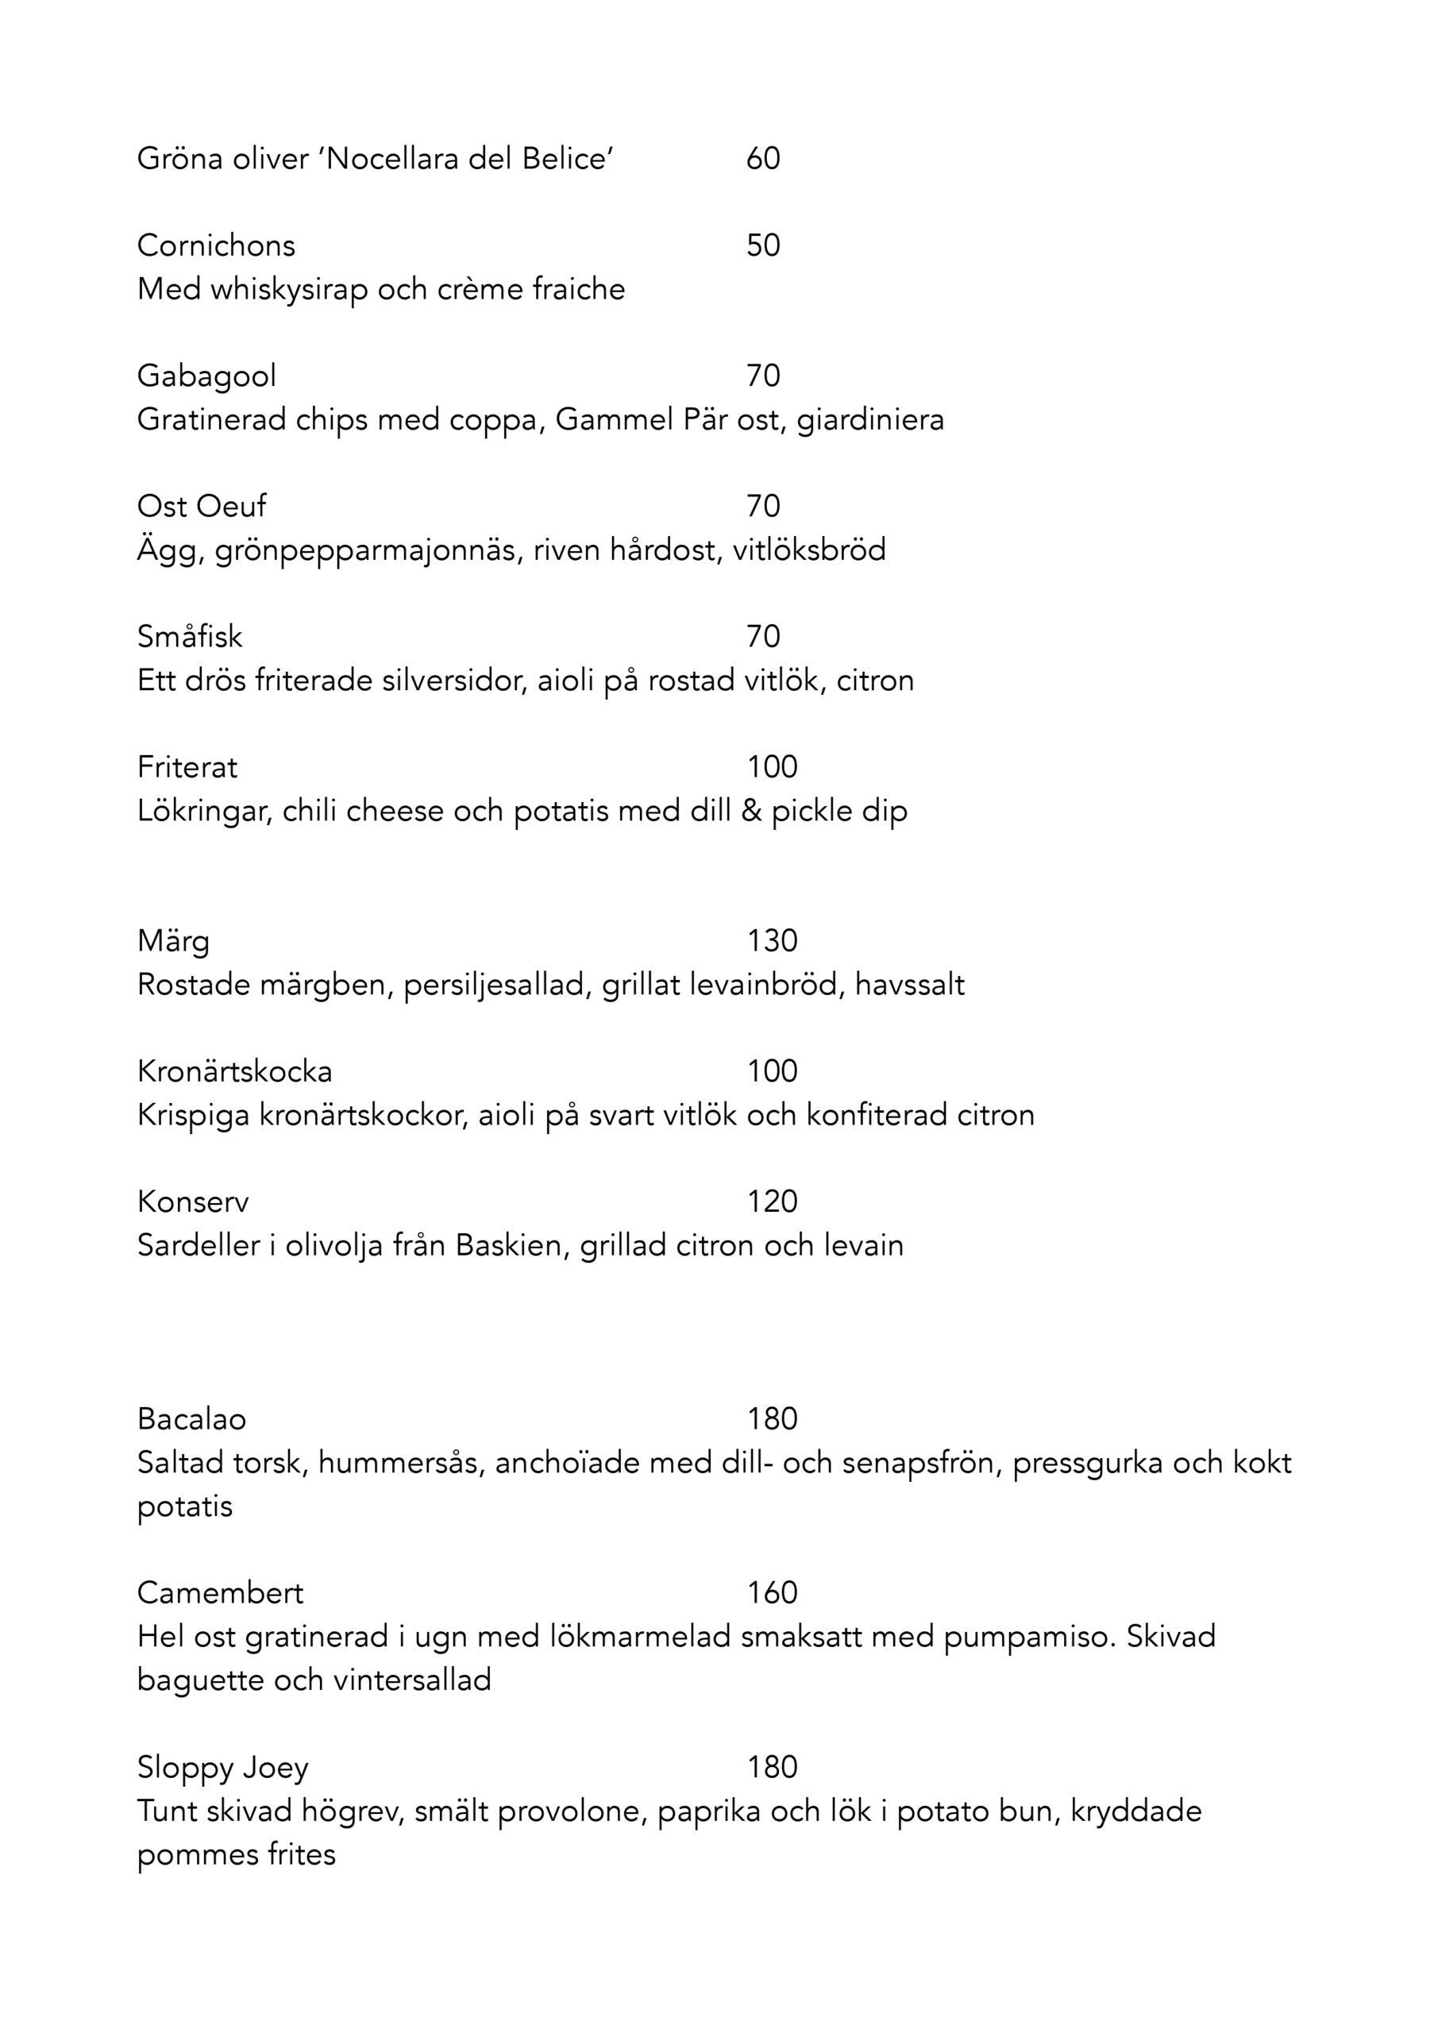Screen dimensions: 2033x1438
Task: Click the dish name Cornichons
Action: click(216, 245)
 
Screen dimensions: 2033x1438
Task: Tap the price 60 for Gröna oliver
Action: click(762, 159)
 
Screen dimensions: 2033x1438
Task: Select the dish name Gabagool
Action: click(206, 376)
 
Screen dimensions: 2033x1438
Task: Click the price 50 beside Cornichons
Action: click(762, 245)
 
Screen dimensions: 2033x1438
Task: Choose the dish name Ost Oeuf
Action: click(201, 507)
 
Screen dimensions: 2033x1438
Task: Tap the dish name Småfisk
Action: click(190, 637)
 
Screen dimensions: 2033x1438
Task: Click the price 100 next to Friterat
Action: click(772, 767)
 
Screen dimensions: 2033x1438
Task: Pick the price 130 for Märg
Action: click(772, 940)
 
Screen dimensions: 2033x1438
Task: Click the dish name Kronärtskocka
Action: click(235, 1071)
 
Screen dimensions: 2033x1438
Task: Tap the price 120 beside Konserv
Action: click(772, 1202)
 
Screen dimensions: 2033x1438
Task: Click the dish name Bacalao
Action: click(191, 1419)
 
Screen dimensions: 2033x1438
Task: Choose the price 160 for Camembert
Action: click(772, 1593)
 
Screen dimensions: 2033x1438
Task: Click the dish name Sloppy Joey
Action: click(222, 1768)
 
